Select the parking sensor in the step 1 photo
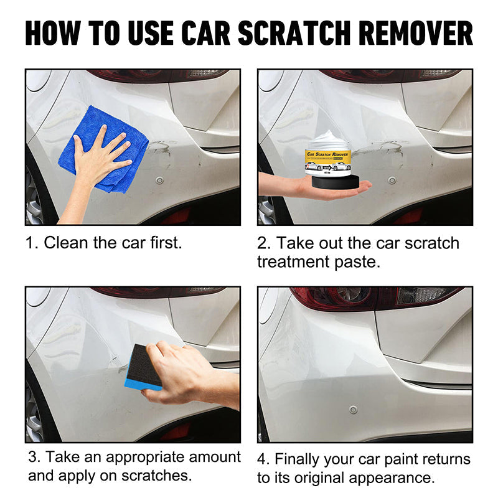tap(159, 181)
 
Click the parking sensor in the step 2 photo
tap(392, 181)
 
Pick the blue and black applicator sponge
tap(143, 367)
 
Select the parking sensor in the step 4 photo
tap(354, 410)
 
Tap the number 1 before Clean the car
tap(30, 243)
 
